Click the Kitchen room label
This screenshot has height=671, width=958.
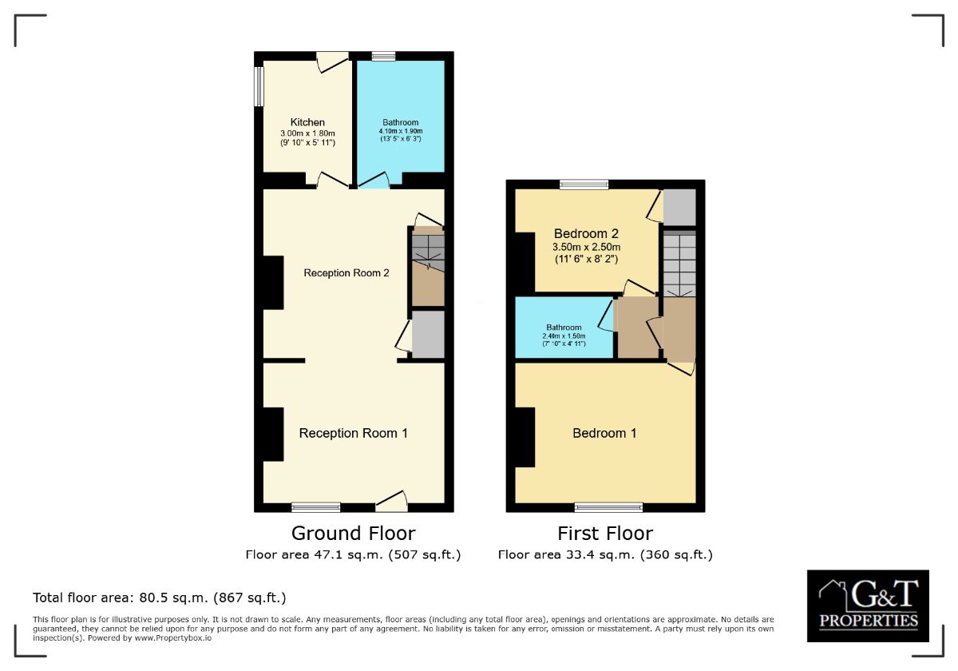point(307,132)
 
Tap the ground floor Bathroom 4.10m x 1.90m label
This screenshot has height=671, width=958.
point(401,130)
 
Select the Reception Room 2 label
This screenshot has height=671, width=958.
point(346,273)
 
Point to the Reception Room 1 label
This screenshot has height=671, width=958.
point(353,433)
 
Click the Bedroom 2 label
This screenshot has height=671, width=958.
point(586,246)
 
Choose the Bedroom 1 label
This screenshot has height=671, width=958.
point(604,433)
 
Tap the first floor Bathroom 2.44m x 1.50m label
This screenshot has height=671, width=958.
point(564,335)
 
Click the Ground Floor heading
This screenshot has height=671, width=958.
point(353,534)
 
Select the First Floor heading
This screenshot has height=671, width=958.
point(605,534)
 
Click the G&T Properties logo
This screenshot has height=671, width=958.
point(868,605)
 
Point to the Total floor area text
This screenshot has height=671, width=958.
point(160,598)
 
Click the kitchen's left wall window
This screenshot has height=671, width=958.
point(259,86)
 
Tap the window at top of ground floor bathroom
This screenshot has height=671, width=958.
point(384,57)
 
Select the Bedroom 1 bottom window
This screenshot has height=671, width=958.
point(608,507)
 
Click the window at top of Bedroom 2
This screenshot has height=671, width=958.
point(584,185)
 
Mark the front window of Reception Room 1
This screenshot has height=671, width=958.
point(316,507)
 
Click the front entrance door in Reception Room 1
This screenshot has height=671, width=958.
point(391,502)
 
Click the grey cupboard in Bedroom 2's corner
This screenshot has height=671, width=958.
point(679,207)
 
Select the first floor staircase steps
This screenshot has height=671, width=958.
point(679,264)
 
